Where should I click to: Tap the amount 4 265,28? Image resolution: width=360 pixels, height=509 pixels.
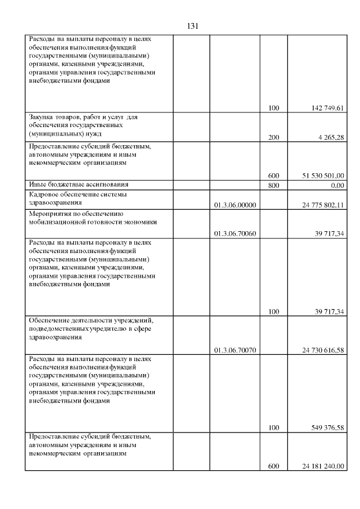tap(332, 137)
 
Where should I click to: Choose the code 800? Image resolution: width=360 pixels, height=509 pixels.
tap(274, 184)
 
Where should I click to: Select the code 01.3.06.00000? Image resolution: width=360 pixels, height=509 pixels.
tap(235, 205)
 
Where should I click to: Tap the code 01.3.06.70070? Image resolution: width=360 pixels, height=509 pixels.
tap(235, 350)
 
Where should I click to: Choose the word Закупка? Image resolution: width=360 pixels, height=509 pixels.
tap(41, 117)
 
